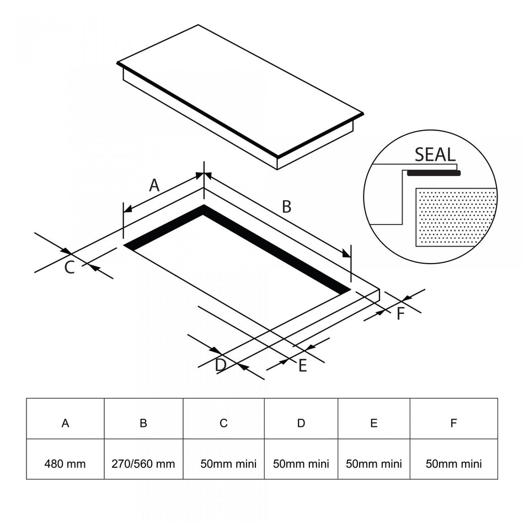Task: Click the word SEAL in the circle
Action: [435, 155]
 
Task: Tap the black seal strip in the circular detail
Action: [434, 173]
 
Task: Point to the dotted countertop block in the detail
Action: [456, 217]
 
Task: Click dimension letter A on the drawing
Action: [154, 185]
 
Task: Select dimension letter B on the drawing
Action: [287, 206]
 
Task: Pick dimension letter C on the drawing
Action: [69, 268]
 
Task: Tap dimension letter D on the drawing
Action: [221, 365]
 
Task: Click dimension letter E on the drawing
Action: [302, 366]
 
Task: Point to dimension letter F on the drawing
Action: [400, 314]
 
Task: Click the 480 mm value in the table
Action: [65, 464]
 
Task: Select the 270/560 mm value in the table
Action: [143, 464]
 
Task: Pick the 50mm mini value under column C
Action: [228, 464]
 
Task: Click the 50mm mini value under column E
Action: [373, 464]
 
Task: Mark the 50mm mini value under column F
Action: [454, 464]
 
